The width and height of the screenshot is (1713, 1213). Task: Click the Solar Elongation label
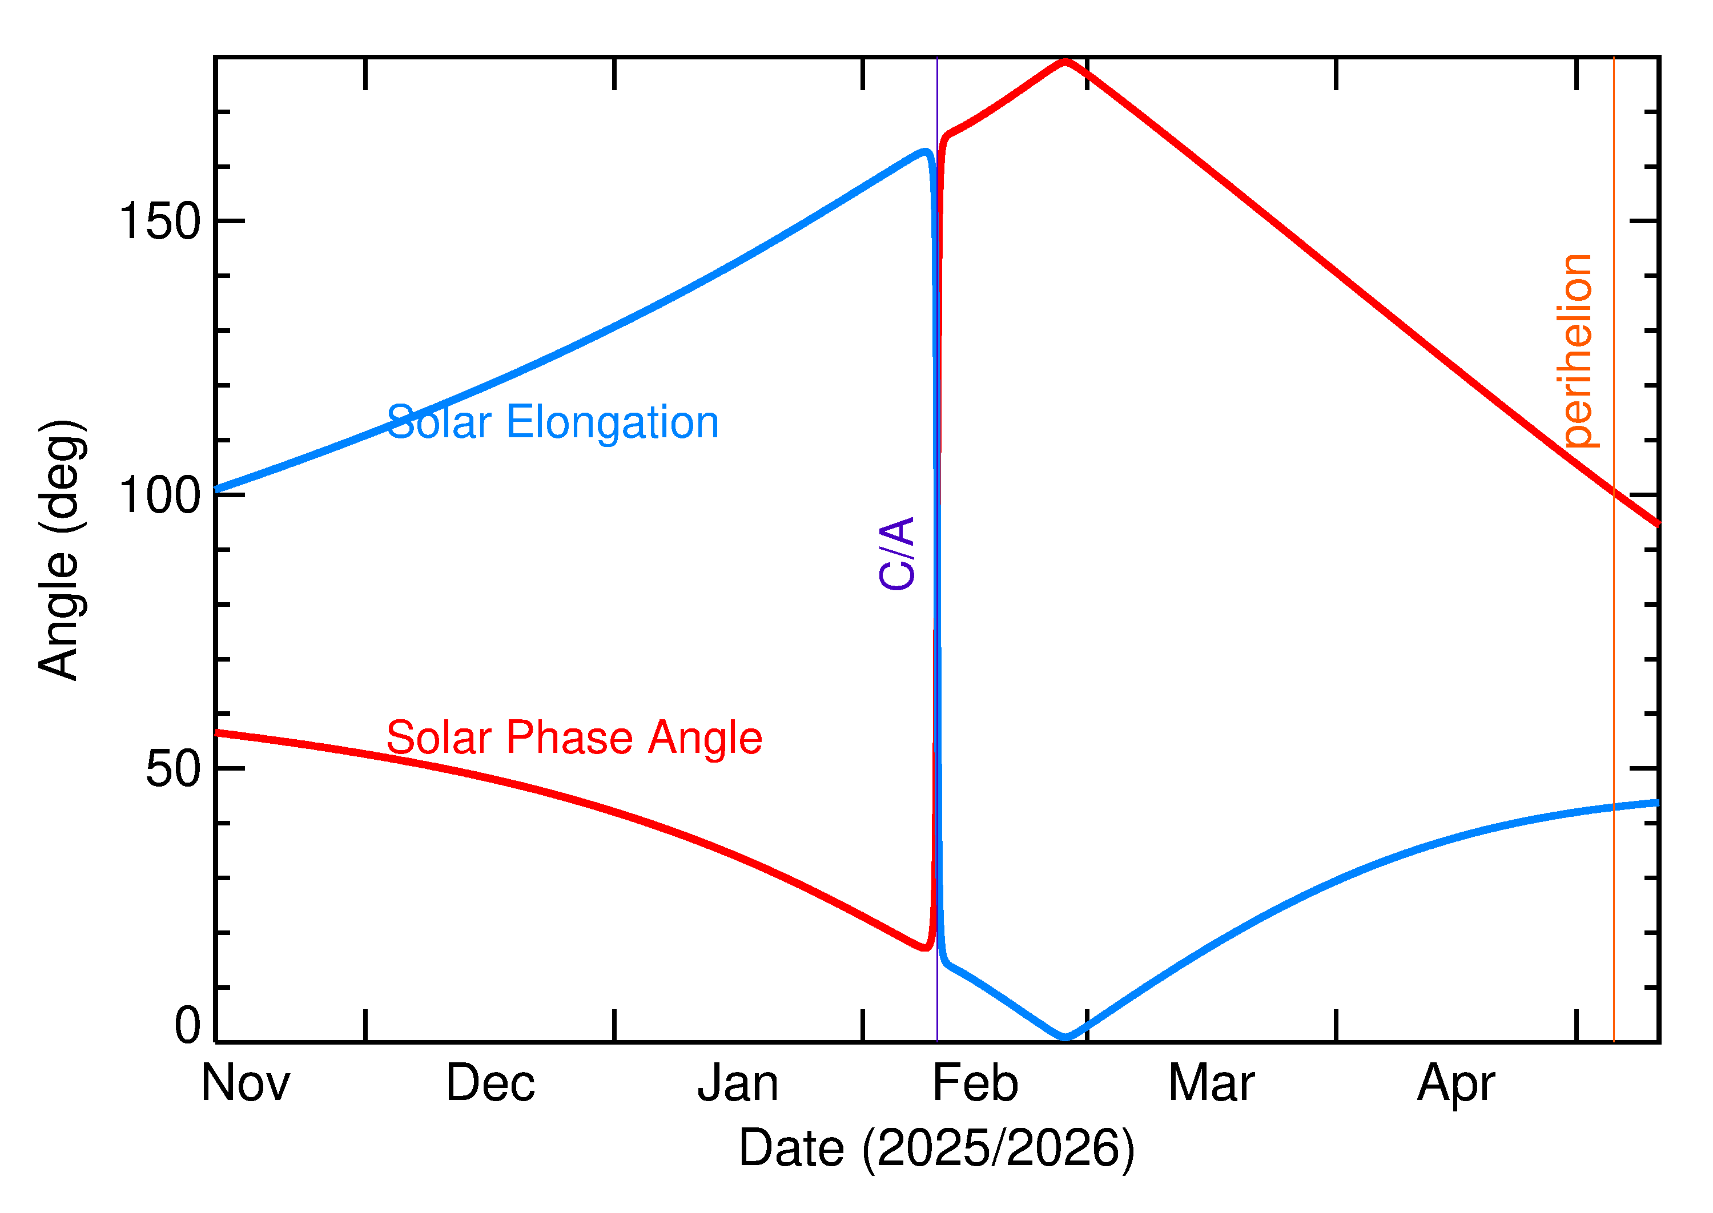(552, 423)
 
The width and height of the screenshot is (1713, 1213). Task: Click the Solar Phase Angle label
(574, 738)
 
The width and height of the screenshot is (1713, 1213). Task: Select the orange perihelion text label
(1578, 351)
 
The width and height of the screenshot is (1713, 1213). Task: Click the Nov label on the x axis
(245, 1084)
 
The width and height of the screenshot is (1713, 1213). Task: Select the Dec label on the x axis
(490, 1084)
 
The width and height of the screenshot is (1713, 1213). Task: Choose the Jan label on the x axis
(737, 1084)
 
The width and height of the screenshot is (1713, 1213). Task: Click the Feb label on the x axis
(975, 1084)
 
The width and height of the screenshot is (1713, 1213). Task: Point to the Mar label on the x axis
(1211, 1084)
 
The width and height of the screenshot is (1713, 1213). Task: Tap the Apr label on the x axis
(1455, 1084)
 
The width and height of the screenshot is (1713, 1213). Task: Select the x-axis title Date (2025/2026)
(936, 1148)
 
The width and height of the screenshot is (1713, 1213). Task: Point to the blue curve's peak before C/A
(925, 152)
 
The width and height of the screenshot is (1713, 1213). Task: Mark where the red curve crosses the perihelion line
(1614, 492)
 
